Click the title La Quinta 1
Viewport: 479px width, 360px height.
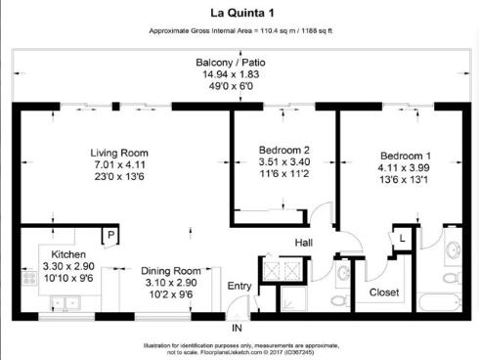pos(239,13)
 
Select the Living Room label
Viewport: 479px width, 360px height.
pos(118,153)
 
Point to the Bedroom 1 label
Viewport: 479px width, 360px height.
pos(404,156)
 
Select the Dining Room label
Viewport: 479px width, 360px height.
pos(170,271)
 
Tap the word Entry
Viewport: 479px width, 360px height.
pos(239,286)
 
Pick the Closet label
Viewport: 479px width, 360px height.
pos(382,292)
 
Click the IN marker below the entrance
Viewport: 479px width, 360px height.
pos(236,328)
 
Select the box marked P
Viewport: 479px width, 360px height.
pos(111,237)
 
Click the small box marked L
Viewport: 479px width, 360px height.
pos(402,237)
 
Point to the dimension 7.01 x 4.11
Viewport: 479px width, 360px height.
pos(118,165)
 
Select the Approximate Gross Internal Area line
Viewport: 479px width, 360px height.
pos(239,31)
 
